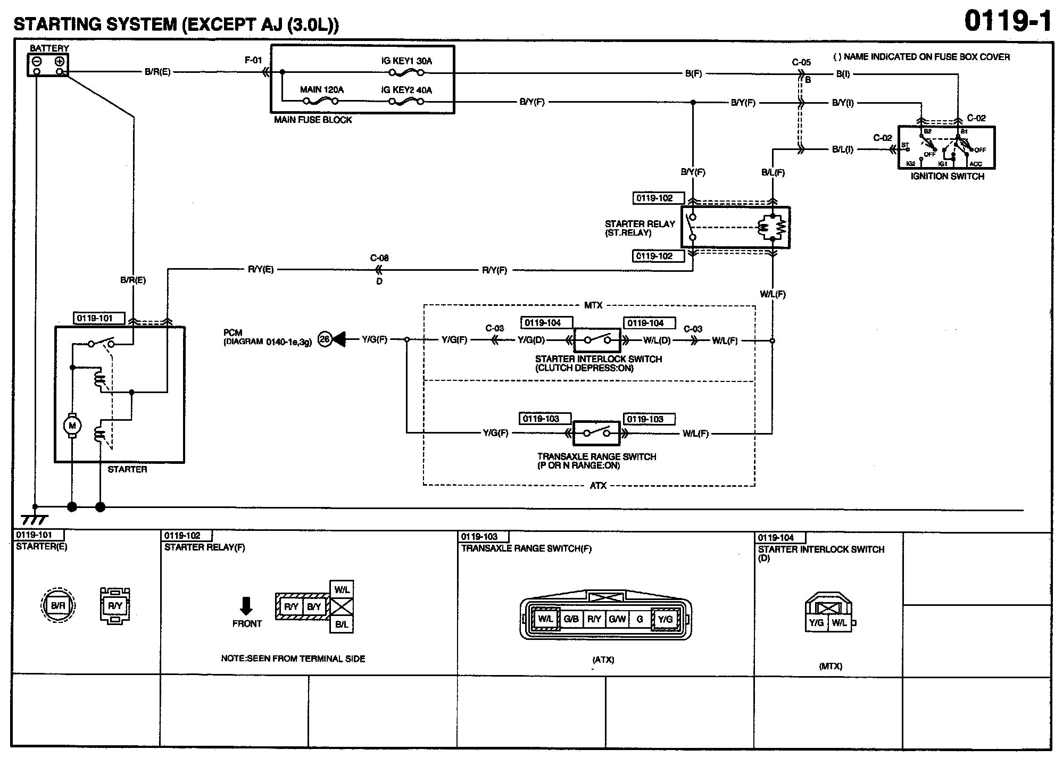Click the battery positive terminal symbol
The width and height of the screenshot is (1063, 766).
(x=60, y=61)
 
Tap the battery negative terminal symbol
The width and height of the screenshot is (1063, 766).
(x=37, y=61)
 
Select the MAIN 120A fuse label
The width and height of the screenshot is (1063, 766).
(x=321, y=90)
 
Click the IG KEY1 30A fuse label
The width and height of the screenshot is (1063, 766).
(x=406, y=61)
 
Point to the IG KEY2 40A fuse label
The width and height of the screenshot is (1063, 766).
(x=406, y=90)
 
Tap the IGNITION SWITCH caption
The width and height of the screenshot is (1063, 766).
(x=947, y=176)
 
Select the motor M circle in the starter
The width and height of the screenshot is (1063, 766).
(x=72, y=426)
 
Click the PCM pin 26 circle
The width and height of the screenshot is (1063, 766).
(x=325, y=339)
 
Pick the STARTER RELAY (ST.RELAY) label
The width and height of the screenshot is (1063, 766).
(x=640, y=228)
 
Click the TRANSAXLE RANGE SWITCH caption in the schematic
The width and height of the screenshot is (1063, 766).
(x=596, y=461)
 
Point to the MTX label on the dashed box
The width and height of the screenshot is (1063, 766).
(x=593, y=305)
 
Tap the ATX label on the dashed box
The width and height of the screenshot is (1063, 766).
(x=598, y=486)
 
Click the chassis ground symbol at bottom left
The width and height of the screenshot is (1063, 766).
(x=34, y=519)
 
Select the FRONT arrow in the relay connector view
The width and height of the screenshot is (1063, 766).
(x=246, y=606)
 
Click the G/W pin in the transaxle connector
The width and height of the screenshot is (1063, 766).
(x=617, y=619)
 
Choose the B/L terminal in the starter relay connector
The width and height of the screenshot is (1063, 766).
(x=342, y=625)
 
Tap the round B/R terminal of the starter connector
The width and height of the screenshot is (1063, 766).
(x=58, y=605)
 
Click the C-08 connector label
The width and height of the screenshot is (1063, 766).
(x=379, y=258)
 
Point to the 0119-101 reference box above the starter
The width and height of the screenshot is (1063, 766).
(x=99, y=319)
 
